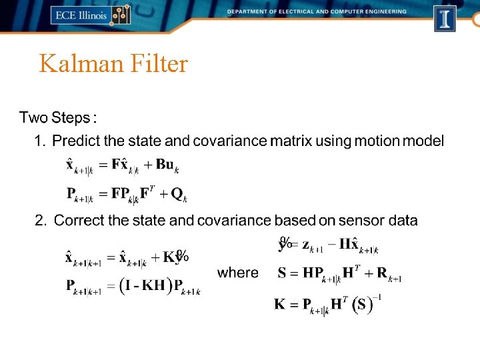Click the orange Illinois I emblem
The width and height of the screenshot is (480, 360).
(445, 18)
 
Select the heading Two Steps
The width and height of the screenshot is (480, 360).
(57, 118)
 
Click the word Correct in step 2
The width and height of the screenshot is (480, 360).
(79, 220)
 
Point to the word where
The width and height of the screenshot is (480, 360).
(238, 273)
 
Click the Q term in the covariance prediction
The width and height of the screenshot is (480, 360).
(177, 194)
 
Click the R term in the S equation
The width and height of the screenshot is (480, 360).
(382, 273)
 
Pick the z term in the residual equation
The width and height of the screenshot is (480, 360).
(307, 245)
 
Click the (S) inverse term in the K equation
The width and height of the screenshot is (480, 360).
(362, 305)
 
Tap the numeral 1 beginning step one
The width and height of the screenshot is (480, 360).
(39, 141)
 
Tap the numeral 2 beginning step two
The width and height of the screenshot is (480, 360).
(40, 220)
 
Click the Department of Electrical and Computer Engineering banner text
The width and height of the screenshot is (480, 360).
(316, 11)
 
